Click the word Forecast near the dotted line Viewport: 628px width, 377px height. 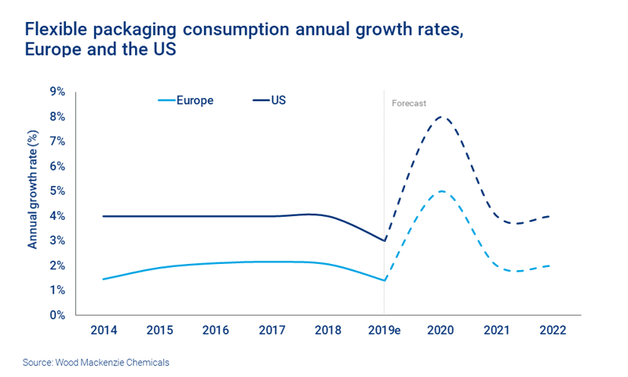point(408,102)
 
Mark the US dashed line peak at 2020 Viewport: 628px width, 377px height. point(441,117)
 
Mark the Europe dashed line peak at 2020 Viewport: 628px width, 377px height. point(441,192)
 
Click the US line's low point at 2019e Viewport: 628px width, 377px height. point(384,240)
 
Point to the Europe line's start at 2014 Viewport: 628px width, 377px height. point(104,279)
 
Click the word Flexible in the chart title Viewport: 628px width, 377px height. point(56,29)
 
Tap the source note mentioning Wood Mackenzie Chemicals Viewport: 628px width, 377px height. point(95,362)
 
